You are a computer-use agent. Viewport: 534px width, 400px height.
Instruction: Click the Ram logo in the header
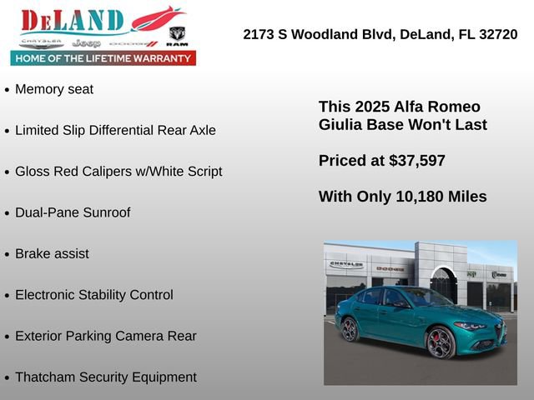point(177,36)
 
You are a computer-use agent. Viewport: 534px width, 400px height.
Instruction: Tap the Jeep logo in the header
point(86,42)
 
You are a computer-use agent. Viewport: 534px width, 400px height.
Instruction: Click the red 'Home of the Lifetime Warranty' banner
point(103,58)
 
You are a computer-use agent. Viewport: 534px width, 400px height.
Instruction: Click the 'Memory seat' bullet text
point(54,89)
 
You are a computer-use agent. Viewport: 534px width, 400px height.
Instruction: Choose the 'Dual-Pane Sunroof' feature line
point(73,212)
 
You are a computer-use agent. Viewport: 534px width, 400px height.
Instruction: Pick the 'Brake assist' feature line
point(52,253)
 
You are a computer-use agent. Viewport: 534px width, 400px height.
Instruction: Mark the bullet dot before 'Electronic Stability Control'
point(8,296)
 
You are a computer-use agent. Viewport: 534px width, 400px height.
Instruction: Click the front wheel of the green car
point(440,342)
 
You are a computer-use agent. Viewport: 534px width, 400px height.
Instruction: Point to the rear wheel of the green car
point(350,329)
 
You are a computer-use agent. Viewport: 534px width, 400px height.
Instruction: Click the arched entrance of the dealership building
point(443,284)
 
